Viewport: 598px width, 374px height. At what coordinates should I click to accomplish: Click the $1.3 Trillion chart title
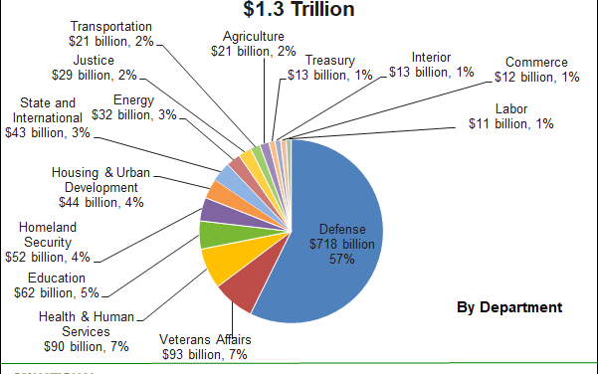(x=299, y=10)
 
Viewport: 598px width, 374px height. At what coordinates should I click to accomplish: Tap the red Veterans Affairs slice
(x=239, y=289)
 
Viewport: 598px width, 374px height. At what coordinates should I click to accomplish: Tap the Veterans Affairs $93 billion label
(x=206, y=347)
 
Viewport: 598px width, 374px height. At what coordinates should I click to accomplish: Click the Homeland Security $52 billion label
(x=54, y=243)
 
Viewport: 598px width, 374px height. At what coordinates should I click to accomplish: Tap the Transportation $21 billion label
(x=111, y=34)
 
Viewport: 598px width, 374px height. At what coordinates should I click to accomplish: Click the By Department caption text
(x=509, y=307)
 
